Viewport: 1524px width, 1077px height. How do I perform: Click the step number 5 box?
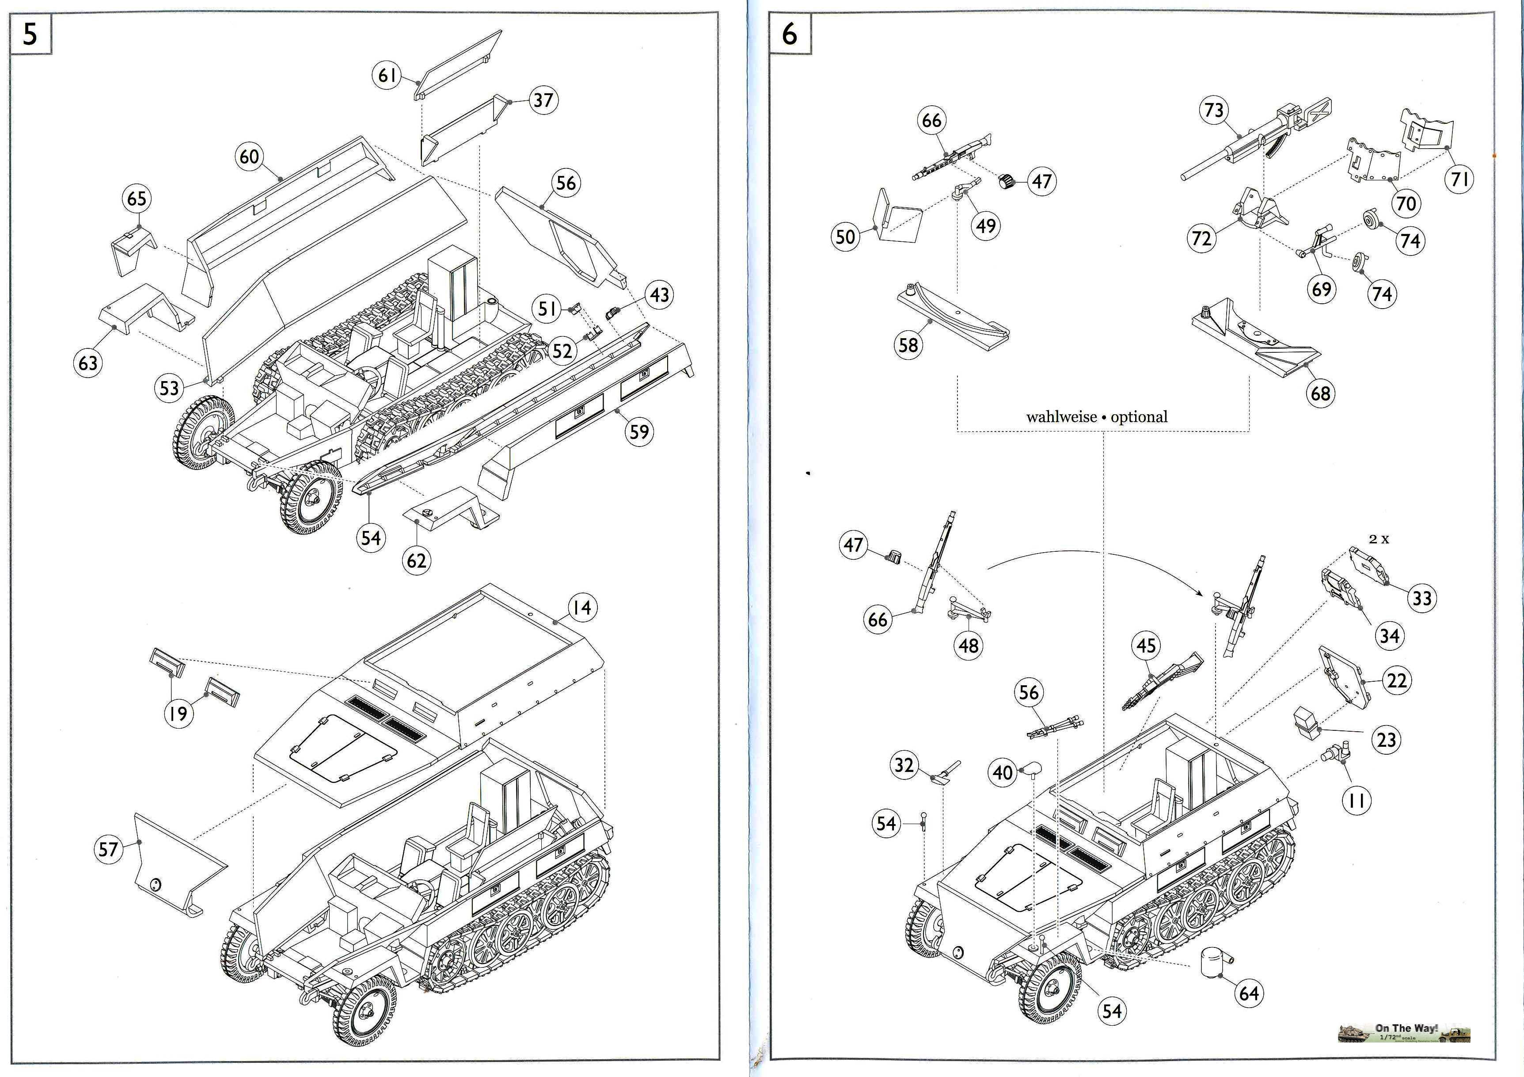point(30,33)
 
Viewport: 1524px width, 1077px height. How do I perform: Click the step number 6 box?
point(789,33)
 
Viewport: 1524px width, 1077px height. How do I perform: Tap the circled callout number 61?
point(387,75)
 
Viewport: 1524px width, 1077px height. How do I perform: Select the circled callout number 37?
point(543,100)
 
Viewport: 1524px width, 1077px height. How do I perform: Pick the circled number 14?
point(582,607)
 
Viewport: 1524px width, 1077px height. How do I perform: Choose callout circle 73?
point(1213,110)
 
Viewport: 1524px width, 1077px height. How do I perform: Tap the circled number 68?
point(1319,394)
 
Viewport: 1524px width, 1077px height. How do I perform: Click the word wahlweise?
point(1060,417)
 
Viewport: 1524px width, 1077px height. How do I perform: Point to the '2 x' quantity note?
point(1379,539)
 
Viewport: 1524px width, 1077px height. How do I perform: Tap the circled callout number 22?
point(1397,680)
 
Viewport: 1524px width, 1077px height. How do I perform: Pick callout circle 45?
point(1146,646)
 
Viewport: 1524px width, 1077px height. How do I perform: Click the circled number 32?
point(904,765)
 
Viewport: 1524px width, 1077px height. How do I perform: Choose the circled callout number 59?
point(638,432)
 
